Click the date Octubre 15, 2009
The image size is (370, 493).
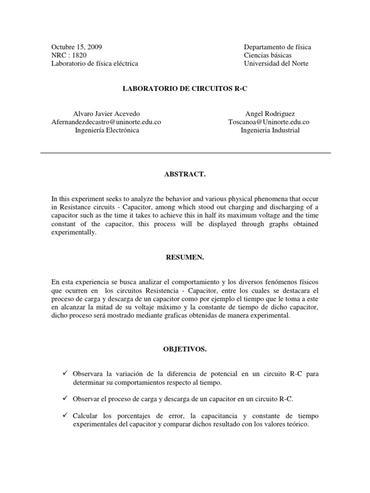point(77,47)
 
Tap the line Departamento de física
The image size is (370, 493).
point(277,47)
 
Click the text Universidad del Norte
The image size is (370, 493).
point(276,64)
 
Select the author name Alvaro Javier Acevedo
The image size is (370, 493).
point(106,114)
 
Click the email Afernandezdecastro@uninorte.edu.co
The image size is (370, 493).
point(106,122)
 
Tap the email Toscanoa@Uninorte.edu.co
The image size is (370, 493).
point(268,122)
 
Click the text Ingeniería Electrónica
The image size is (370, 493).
point(106,130)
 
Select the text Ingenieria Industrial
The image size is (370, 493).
point(270,130)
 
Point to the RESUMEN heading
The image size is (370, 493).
point(185,258)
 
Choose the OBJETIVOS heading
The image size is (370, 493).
point(185,350)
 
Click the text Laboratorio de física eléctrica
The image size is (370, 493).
point(95,64)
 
